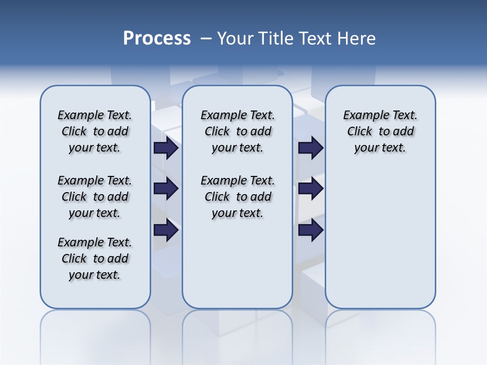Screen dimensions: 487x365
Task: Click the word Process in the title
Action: [157, 39]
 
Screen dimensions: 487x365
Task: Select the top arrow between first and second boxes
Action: [166, 148]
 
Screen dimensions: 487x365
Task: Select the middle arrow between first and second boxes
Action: [166, 189]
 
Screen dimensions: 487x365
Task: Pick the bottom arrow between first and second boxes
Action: [166, 230]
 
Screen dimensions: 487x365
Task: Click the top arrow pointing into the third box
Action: [310, 148]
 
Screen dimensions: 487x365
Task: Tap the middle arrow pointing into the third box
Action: [310, 189]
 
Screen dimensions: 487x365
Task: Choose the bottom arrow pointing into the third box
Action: [310, 230]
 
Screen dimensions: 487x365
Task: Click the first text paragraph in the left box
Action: [95, 131]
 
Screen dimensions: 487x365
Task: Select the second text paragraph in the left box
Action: [95, 197]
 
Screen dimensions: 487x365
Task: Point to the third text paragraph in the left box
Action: [95, 259]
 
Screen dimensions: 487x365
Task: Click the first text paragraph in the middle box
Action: [237, 131]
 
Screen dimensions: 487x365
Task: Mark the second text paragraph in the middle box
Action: [237, 197]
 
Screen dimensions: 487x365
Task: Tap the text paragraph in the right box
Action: [380, 131]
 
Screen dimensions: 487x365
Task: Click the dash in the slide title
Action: [206, 39]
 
